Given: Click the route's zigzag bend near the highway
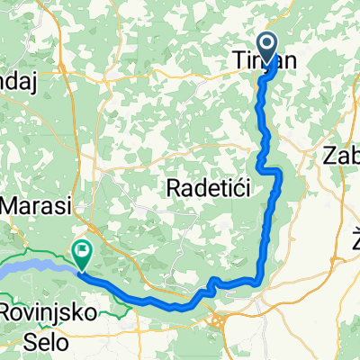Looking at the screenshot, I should (x=212, y=286).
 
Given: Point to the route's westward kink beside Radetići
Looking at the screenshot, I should (x=261, y=166).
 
